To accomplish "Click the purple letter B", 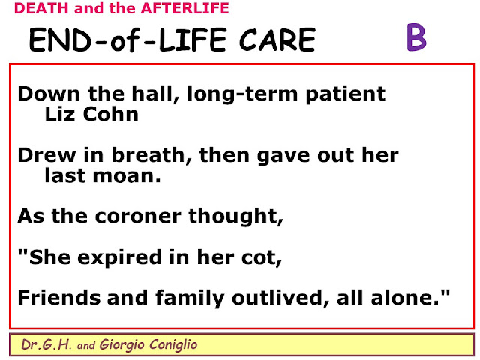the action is tap(416, 37).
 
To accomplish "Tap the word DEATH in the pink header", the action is tap(41, 8).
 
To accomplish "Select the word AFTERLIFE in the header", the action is tap(185, 8).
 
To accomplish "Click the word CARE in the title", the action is tap(277, 40).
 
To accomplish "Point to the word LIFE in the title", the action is tap(193, 40).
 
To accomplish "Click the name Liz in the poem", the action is tap(60, 114).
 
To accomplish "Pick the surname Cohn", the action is tap(111, 114).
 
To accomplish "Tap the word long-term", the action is tap(242, 94).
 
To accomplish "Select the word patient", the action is tap(346, 94).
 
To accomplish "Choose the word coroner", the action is tap(138, 217).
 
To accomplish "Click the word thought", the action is tap(235, 217).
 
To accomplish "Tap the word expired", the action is tap(119, 257).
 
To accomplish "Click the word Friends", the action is tap(59, 297).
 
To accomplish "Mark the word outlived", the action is tap(280, 297).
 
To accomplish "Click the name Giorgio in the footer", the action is tap(121, 345).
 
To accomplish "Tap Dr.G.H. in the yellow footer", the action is tap(46, 344).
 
